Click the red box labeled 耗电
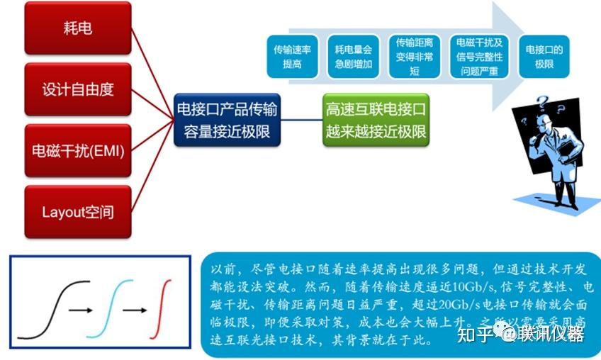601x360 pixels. (78, 29)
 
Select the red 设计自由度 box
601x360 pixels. (78, 89)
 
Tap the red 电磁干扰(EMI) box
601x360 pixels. (78, 150)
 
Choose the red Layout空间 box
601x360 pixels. (78, 211)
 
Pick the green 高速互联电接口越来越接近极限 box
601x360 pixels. (376, 120)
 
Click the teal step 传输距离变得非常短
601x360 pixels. (414, 57)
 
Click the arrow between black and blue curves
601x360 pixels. (83, 310)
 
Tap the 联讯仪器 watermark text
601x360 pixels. (550, 334)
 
